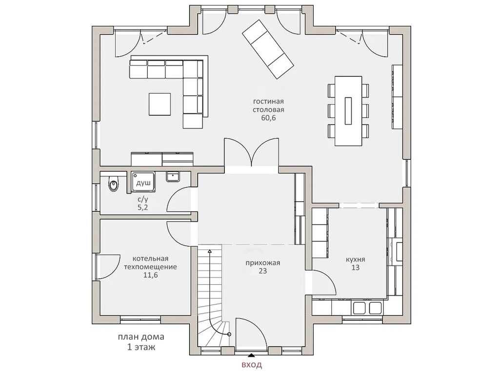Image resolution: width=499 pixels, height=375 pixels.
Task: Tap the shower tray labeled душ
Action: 144,182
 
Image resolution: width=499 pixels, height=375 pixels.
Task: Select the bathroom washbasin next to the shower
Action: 173,176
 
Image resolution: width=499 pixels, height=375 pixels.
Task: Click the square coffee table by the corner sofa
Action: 160,104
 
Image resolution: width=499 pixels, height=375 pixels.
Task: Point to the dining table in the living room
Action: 348,111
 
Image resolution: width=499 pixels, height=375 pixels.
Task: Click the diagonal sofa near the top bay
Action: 268,50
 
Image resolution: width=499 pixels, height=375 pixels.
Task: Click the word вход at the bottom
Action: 252,364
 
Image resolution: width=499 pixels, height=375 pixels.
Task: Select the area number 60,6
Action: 268,118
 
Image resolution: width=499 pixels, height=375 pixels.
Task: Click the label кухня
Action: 356,259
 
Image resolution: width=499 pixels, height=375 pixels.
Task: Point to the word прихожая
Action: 262,263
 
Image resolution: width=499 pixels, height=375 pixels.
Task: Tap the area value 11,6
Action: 150,275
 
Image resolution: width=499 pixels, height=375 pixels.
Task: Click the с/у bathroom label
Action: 143,200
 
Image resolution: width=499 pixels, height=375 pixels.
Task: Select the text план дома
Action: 141,337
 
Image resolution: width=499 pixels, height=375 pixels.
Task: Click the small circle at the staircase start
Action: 229,334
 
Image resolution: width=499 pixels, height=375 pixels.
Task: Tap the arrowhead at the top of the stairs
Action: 209,251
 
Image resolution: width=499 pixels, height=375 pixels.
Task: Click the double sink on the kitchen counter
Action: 367,308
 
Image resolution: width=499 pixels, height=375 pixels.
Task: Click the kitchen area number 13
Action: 356,268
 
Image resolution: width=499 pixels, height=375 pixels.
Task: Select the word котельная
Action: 150,258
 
